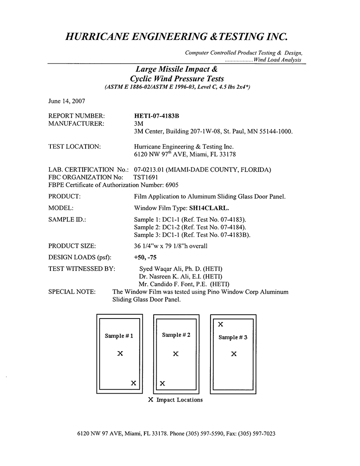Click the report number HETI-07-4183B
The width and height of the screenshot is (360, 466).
click(157, 116)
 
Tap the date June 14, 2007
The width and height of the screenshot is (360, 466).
click(67, 101)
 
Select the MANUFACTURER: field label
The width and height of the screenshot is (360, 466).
click(76, 124)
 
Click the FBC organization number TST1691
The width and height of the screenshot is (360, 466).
click(146, 178)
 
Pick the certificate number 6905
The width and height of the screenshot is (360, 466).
click(172, 185)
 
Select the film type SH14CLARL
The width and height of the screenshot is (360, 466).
click(209, 208)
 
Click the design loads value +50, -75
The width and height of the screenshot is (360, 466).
click(145, 258)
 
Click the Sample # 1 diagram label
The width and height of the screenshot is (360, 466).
click(119, 336)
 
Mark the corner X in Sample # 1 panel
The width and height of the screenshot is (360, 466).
click(134, 383)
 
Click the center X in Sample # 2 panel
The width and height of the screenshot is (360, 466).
click(176, 354)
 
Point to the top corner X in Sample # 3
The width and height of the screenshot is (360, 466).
click(220, 324)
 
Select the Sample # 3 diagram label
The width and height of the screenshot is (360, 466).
click(233, 337)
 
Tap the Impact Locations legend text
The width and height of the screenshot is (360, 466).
click(180, 400)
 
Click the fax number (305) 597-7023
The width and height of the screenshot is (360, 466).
click(257, 434)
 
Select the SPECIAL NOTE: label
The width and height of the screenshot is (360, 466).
click(72, 292)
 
